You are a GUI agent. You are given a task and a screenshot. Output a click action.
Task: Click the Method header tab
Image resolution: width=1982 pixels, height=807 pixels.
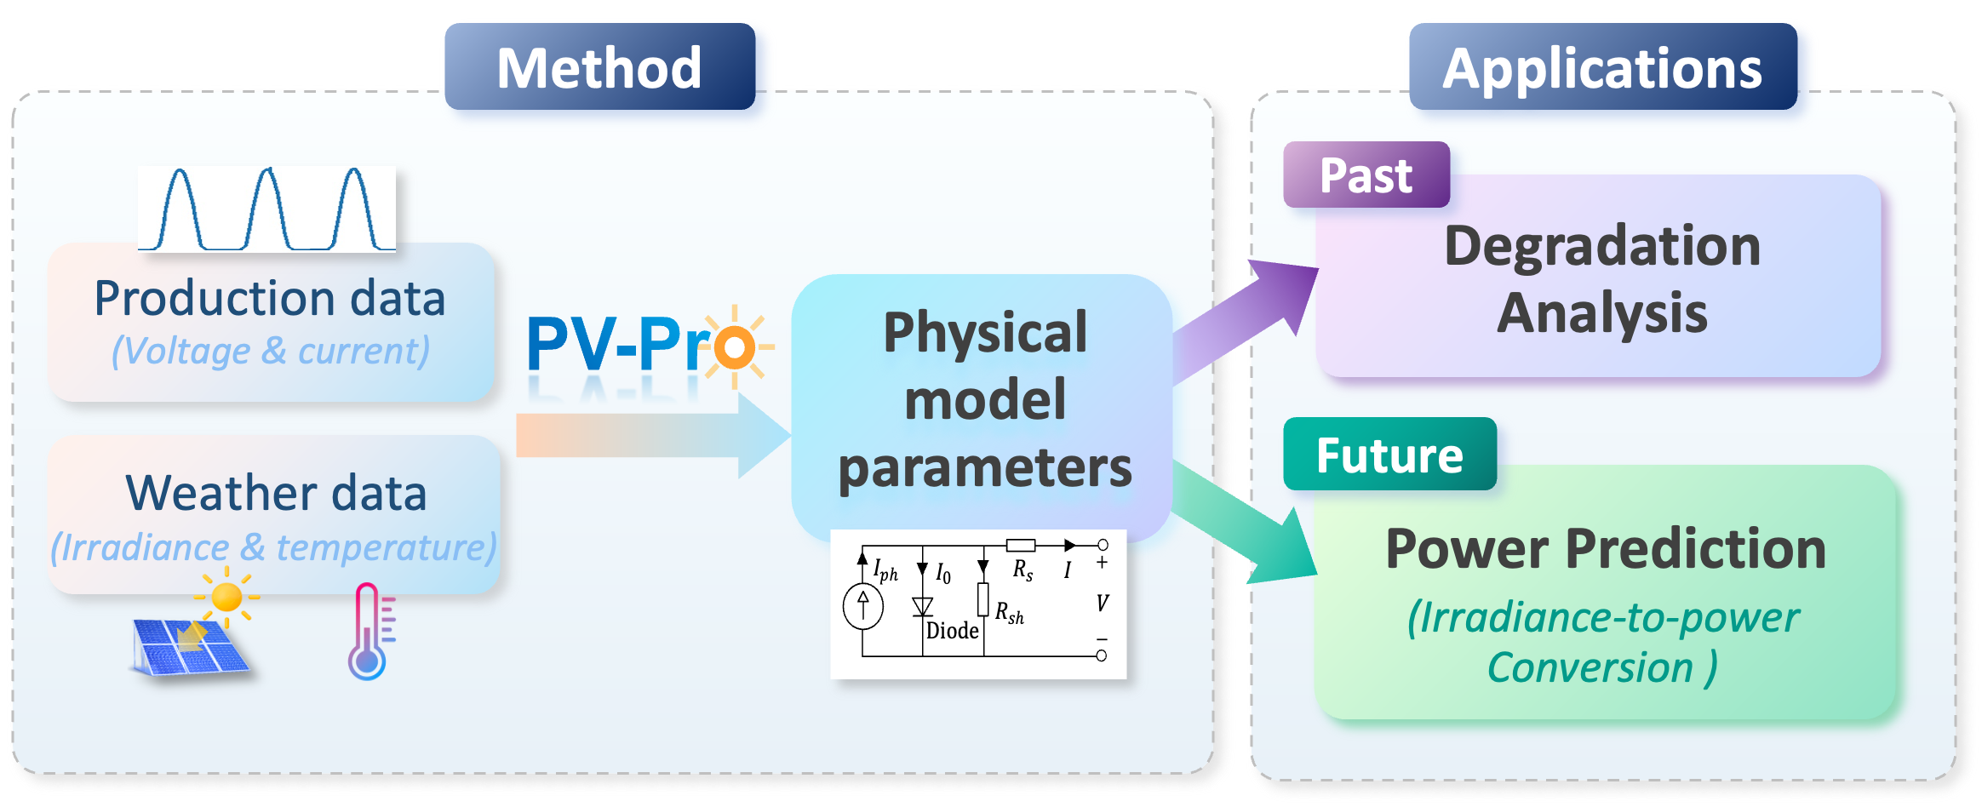point(599,67)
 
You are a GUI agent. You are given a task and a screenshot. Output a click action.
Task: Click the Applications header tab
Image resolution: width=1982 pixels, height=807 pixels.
point(1602,67)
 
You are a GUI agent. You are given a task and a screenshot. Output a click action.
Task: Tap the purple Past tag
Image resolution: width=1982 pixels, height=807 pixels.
point(1366,175)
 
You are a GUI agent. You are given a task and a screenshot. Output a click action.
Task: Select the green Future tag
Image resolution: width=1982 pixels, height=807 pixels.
point(1389,455)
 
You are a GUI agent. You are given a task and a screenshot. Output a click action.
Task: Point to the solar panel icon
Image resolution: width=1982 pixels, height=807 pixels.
point(189,647)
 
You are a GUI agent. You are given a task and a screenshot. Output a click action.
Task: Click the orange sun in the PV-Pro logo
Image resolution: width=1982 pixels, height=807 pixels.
point(734,347)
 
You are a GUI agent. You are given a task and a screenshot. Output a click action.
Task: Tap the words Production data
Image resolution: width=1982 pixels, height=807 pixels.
point(270,298)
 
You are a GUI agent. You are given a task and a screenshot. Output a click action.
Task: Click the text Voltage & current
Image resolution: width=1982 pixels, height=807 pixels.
point(270,351)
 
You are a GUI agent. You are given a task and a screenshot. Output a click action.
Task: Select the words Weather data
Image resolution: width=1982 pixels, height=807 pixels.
point(275,493)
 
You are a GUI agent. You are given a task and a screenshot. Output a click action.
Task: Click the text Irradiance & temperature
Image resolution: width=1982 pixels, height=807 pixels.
point(272,547)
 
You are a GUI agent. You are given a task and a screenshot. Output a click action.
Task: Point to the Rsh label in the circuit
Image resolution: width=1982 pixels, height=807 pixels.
point(1010,613)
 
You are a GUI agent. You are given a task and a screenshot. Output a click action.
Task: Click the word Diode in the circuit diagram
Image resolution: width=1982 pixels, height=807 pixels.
point(952,631)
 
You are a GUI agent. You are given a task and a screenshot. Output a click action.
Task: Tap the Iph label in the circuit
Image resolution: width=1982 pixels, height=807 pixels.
point(885,569)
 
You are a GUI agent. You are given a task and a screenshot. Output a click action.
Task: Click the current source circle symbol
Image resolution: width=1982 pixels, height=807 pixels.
point(862,607)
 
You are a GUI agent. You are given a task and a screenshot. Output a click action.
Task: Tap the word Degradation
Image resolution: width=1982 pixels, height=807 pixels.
point(1602,246)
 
